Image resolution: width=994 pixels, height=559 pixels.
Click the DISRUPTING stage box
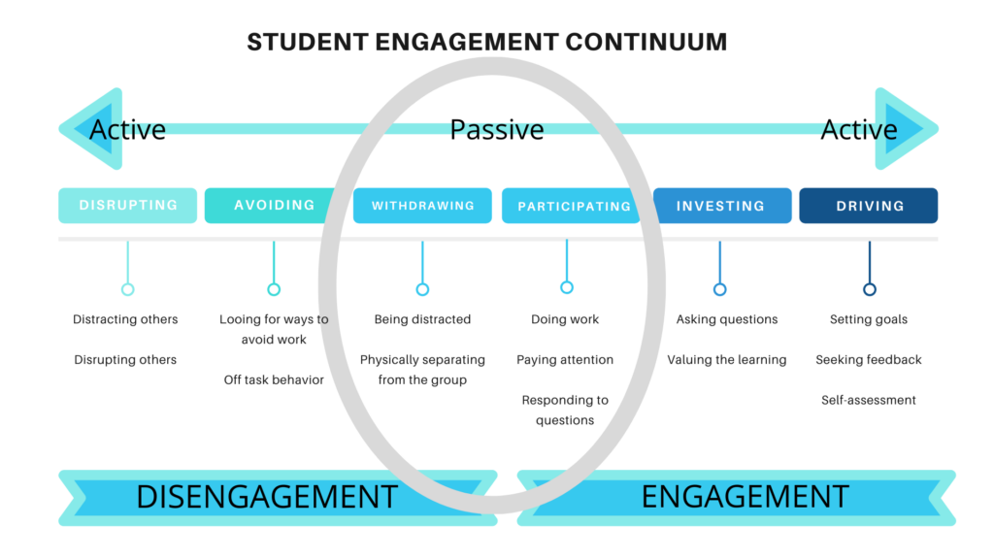point(127,206)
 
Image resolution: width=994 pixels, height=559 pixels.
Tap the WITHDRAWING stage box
point(422,206)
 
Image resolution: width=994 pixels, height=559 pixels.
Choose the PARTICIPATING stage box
point(571,206)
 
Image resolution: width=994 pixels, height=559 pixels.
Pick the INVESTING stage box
point(722,206)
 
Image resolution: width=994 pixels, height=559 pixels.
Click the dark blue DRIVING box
point(869,206)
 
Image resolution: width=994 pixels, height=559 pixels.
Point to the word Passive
point(497,130)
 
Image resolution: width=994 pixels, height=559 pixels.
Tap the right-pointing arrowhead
point(907,129)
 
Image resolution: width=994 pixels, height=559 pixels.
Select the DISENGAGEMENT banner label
point(267,497)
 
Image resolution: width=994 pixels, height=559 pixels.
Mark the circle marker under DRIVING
point(870,289)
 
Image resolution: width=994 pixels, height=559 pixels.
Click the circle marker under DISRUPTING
point(127,289)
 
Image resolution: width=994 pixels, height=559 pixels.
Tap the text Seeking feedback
point(869,360)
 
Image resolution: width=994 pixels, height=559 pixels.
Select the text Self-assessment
point(869,400)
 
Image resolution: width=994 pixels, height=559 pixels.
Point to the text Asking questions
point(727,319)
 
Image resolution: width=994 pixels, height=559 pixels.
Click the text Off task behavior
point(274,379)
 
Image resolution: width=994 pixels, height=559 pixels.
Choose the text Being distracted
point(422,319)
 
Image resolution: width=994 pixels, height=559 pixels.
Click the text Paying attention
point(565,360)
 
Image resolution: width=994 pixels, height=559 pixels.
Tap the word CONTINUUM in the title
point(646,42)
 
